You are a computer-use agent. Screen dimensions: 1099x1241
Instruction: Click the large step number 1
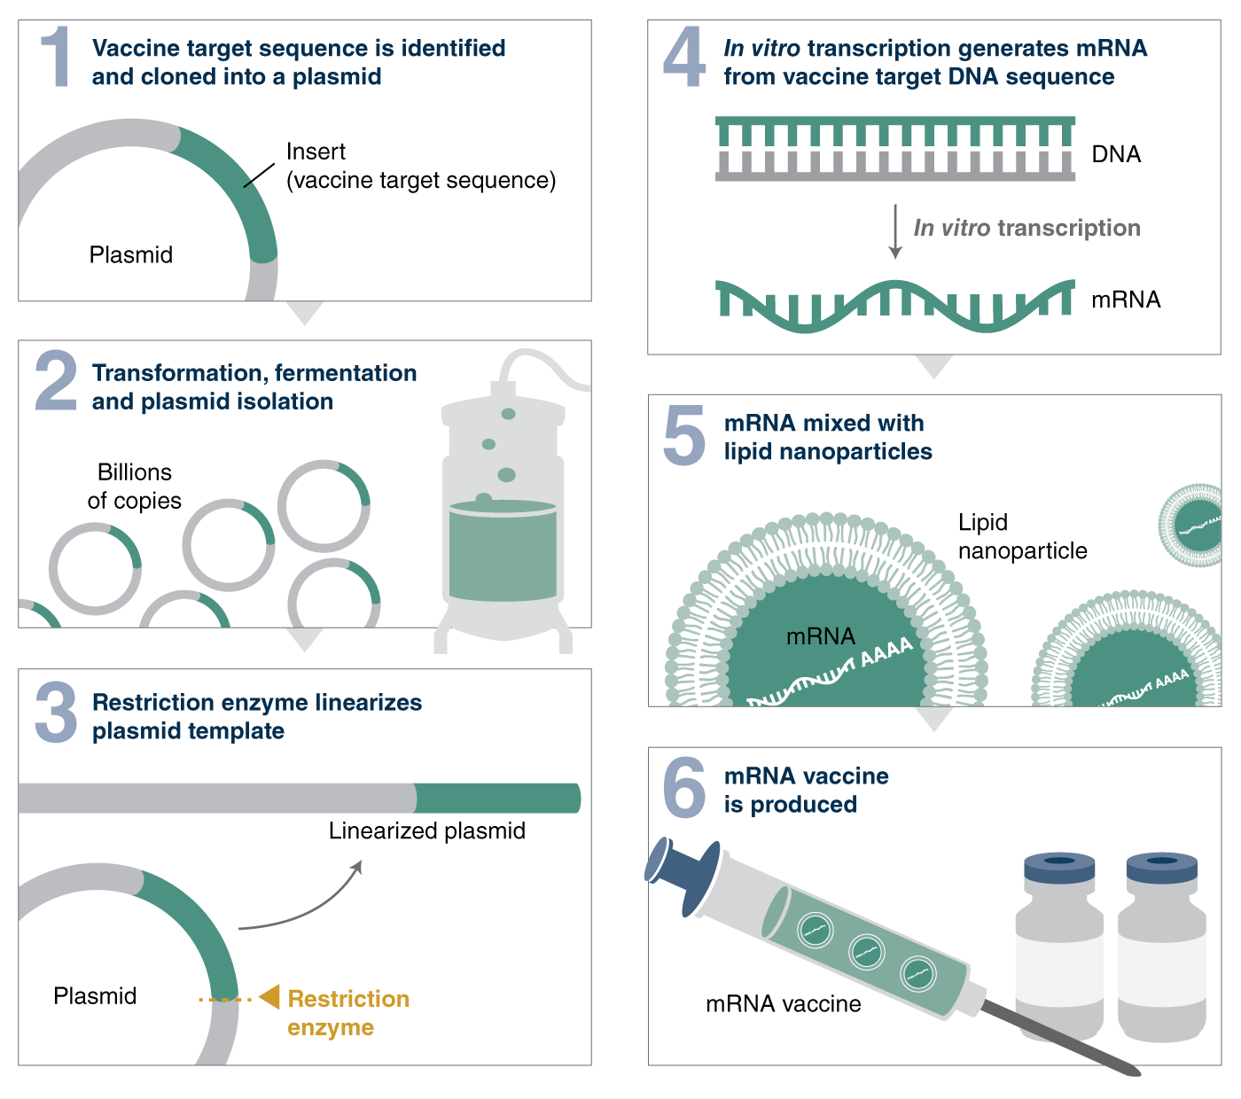(57, 57)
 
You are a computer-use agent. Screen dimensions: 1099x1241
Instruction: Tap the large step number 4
(684, 58)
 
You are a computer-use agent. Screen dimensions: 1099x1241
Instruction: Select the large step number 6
(684, 787)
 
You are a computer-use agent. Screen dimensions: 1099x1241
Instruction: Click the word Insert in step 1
(316, 152)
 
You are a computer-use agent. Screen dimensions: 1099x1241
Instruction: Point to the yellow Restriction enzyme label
(347, 1012)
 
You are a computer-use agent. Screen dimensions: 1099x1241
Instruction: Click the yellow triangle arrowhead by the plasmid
(270, 997)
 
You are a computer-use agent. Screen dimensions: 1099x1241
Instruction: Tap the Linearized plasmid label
(426, 830)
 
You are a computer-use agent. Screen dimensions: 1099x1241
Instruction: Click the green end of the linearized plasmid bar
(496, 798)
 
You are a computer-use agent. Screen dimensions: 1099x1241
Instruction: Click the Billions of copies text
(135, 486)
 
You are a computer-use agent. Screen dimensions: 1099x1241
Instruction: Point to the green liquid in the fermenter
(503, 554)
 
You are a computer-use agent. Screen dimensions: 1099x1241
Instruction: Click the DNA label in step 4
(1115, 154)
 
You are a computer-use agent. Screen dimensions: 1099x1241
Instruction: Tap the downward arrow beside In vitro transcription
(895, 230)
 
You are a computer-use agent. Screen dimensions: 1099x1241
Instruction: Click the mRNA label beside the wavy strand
(1125, 300)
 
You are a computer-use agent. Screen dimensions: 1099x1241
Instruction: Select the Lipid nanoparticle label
(1021, 536)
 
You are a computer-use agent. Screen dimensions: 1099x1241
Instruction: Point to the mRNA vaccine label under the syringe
(783, 1003)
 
